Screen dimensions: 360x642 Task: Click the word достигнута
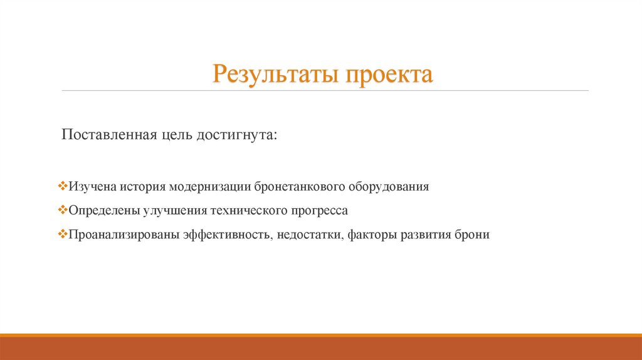(x=239, y=135)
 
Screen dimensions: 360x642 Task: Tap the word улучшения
(x=171, y=211)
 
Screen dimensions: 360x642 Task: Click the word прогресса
(x=316, y=211)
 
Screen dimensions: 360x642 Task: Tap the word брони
(x=473, y=236)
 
